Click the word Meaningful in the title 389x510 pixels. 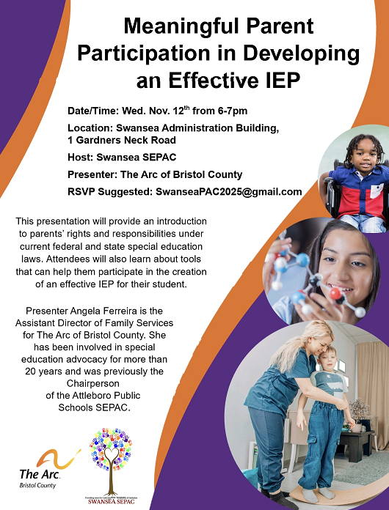click(x=170, y=28)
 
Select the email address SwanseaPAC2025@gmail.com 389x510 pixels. click(x=229, y=192)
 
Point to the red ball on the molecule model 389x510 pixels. click(x=334, y=294)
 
